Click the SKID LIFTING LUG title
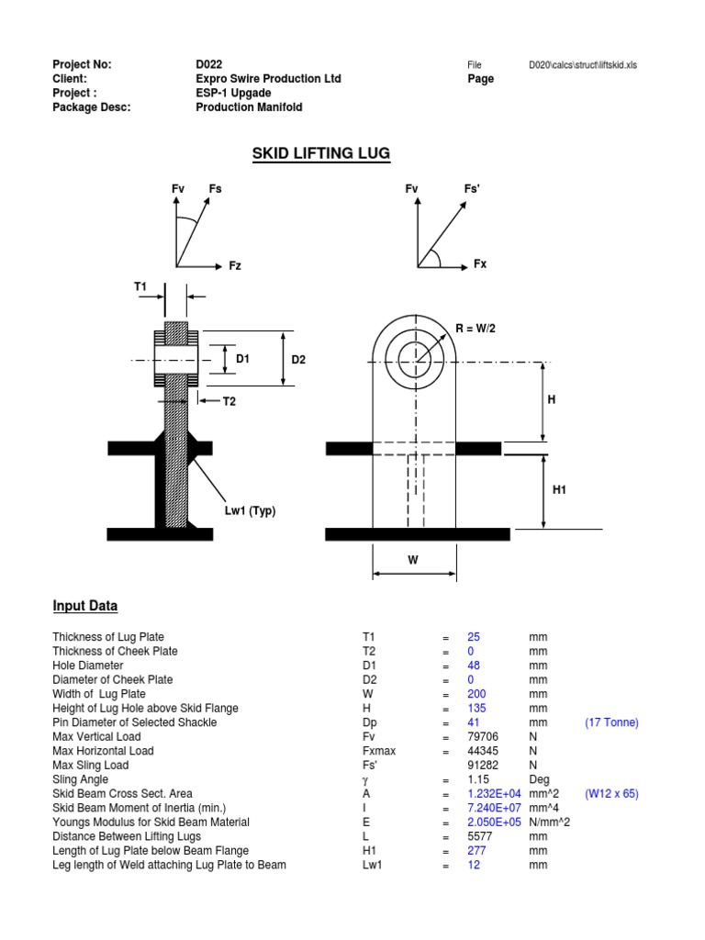(321, 153)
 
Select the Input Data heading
(84, 607)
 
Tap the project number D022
(210, 64)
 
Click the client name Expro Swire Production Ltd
(268, 79)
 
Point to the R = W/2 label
(477, 329)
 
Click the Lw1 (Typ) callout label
(252, 509)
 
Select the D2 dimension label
(298, 360)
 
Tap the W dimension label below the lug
(413, 558)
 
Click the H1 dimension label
(560, 491)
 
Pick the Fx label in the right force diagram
(480, 264)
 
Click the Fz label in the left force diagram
(236, 265)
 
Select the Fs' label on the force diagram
(473, 189)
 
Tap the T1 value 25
(474, 637)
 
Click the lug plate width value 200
(476, 694)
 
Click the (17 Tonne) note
(611, 722)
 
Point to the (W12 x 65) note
(614, 794)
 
